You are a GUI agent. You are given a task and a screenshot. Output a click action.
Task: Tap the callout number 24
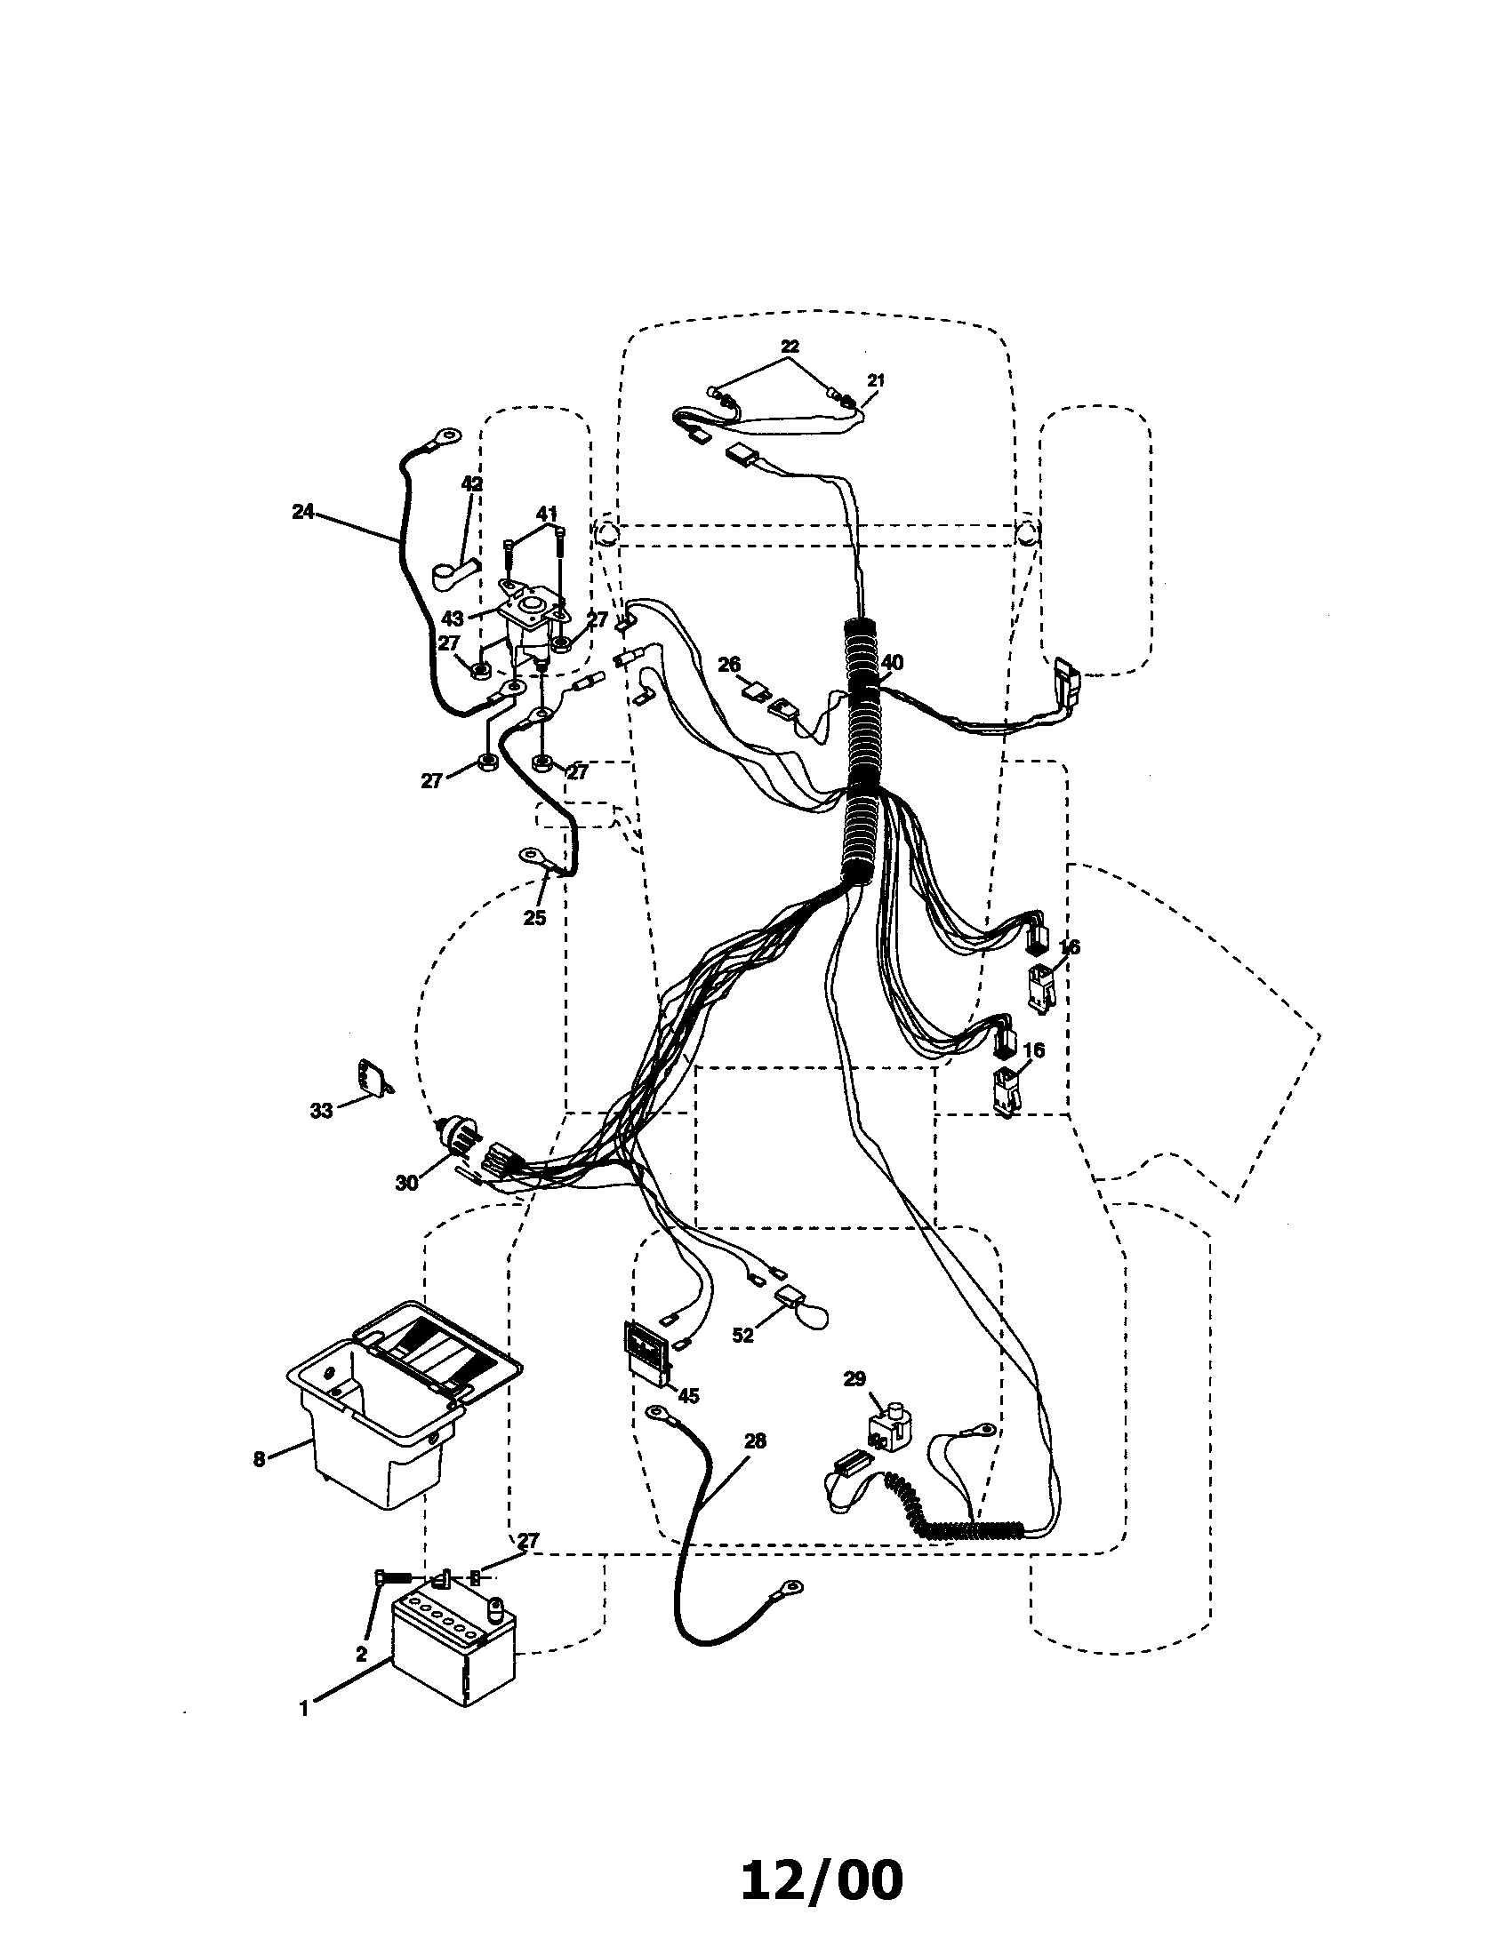coord(302,512)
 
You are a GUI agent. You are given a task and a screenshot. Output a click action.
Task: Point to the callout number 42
coord(471,483)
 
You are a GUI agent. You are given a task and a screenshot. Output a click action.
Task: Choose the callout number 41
coord(546,513)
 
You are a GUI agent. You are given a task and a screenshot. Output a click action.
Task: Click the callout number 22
coord(789,346)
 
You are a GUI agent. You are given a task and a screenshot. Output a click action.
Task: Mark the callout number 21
coord(875,379)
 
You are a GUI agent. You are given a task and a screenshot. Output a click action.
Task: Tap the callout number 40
coord(892,663)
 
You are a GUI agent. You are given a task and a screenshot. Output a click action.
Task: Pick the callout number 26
coord(730,664)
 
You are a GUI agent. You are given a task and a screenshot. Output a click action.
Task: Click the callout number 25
coord(534,919)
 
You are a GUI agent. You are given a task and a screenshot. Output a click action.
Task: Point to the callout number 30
coord(405,1183)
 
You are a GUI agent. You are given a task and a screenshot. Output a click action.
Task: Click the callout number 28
coord(755,1440)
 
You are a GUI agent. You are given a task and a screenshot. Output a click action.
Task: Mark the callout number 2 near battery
coord(361,1655)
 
